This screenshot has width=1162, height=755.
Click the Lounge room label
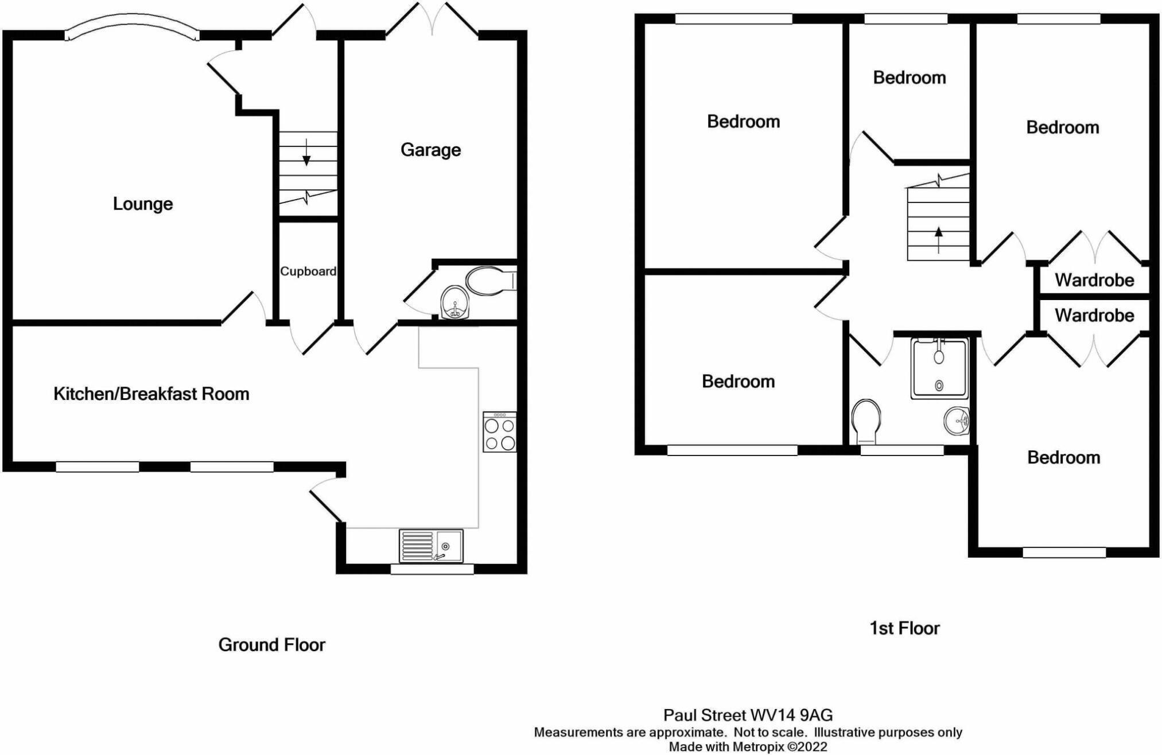pos(142,204)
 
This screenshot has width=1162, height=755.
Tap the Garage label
pos(430,150)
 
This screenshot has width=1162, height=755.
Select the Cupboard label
pos(308,271)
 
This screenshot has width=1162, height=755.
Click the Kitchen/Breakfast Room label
pos(151,394)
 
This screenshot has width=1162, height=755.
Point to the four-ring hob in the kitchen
pos(499,433)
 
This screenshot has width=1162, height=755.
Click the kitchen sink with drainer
pos(431,546)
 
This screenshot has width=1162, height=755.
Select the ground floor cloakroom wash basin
pos(454,302)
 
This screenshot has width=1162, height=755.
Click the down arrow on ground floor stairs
pos(307,153)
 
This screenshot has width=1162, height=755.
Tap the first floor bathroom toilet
pos(866,421)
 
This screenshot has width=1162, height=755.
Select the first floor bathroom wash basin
pos(957,421)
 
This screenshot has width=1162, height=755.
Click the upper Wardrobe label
pos(1094,280)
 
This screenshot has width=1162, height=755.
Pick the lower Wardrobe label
pos(1094,315)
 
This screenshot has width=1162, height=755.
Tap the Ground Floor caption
pos(271,645)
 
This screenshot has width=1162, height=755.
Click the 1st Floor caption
pos(904,628)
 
